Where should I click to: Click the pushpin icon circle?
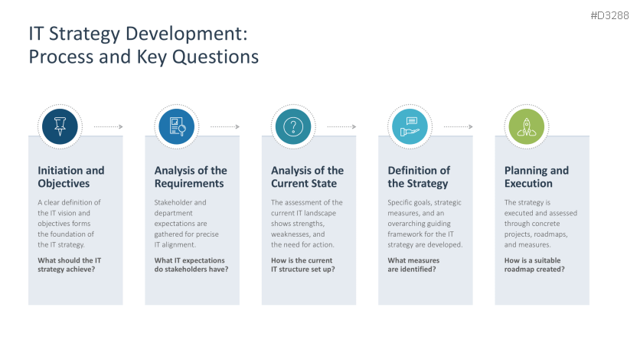[60, 126]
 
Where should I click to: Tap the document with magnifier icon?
[177, 126]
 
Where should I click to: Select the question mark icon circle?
[293, 126]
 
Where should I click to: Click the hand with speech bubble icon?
[410, 126]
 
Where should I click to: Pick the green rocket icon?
[527, 126]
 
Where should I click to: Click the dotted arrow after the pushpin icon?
[109, 126]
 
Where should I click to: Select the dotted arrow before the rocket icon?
[459, 126]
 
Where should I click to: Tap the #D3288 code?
[609, 15]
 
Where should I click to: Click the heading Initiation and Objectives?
[71, 177]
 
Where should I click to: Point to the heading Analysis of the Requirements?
[191, 177]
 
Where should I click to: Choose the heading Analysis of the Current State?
[307, 177]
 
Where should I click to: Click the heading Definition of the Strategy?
[419, 177]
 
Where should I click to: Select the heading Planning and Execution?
[537, 177]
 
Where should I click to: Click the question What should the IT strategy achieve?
[70, 265]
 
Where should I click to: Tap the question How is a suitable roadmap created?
[534, 265]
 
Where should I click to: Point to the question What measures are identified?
[413, 265]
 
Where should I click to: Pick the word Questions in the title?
[215, 57]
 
